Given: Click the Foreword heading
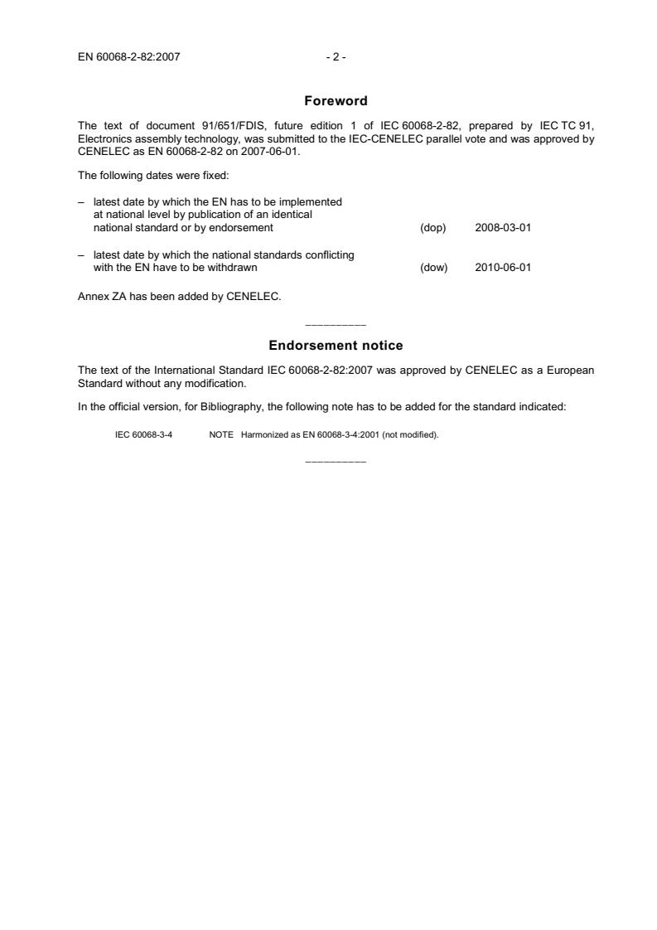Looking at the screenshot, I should [336, 101].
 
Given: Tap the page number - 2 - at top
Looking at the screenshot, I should [336, 57].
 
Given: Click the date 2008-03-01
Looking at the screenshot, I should [503, 227].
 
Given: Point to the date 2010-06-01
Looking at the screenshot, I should [503, 268].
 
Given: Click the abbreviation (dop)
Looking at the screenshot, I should [433, 227].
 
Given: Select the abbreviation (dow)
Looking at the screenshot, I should [434, 268].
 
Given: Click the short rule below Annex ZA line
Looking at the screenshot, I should [336, 323].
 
